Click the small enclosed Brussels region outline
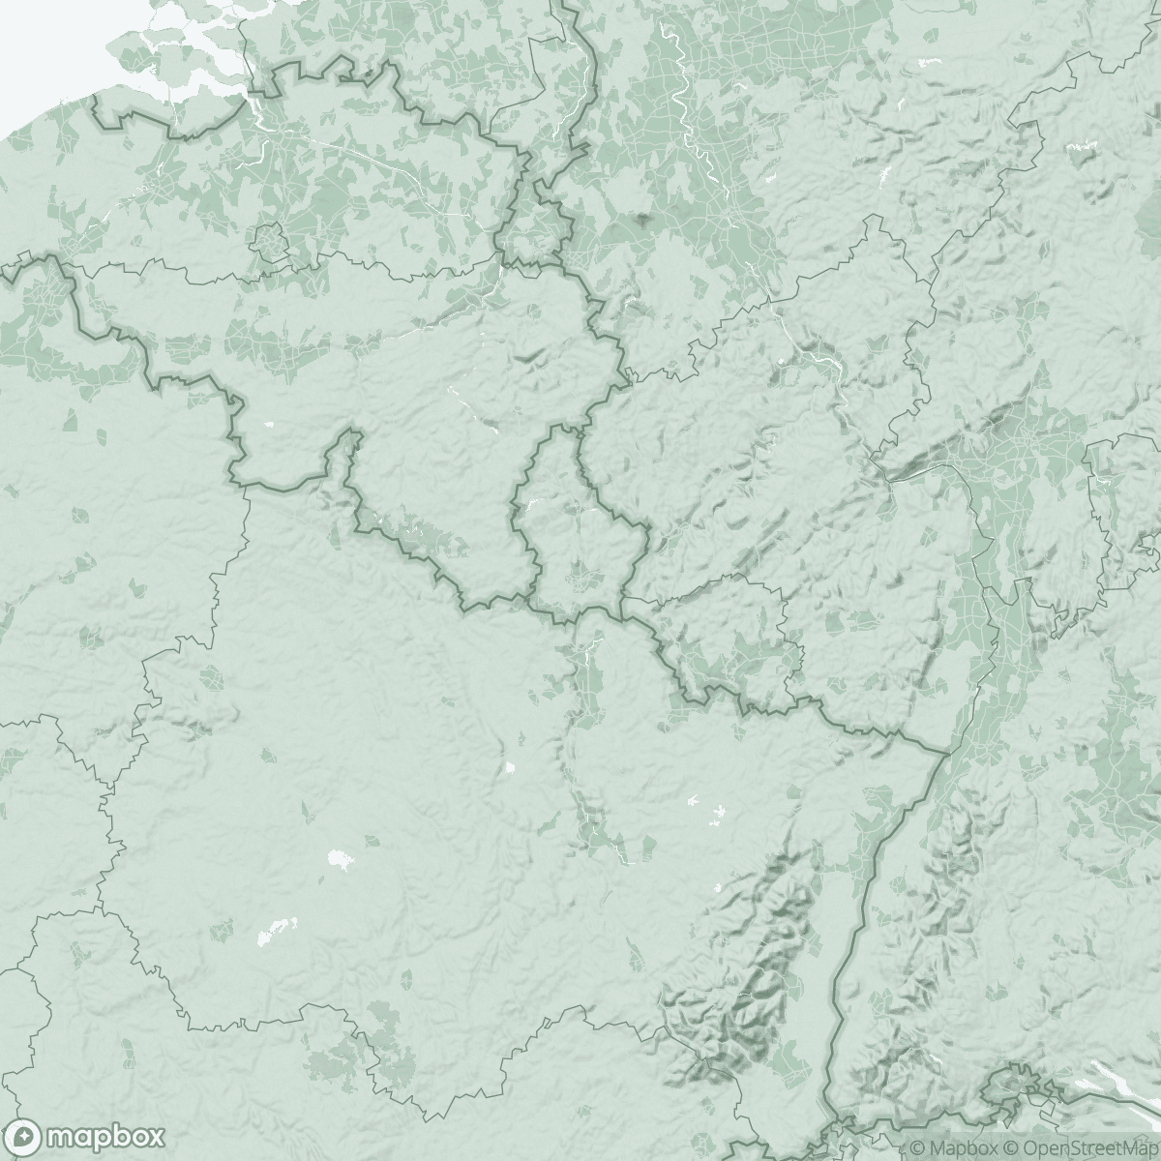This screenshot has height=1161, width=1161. click(267, 238)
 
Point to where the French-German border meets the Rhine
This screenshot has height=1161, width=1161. click(944, 751)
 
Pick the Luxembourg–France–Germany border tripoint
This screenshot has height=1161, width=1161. click(622, 599)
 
